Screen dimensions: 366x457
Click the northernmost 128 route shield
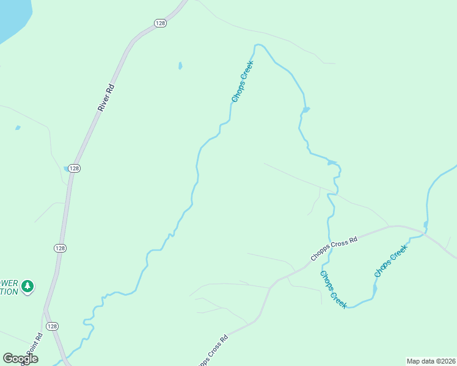click(x=160, y=23)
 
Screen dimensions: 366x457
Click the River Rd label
click(x=106, y=96)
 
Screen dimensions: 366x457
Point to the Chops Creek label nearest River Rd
click(x=242, y=81)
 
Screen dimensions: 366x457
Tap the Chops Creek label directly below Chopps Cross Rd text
click(x=333, y=289)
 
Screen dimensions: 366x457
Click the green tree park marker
click(x=27, y=286)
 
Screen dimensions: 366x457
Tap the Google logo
click(x=20, y=359)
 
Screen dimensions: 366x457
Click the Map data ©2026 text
click(x=431, y=361)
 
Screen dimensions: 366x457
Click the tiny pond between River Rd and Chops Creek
click(x=180, y=65)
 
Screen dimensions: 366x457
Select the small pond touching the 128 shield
click(x=66, y=168)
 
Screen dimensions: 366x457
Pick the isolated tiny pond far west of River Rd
click(x=18, y=127)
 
